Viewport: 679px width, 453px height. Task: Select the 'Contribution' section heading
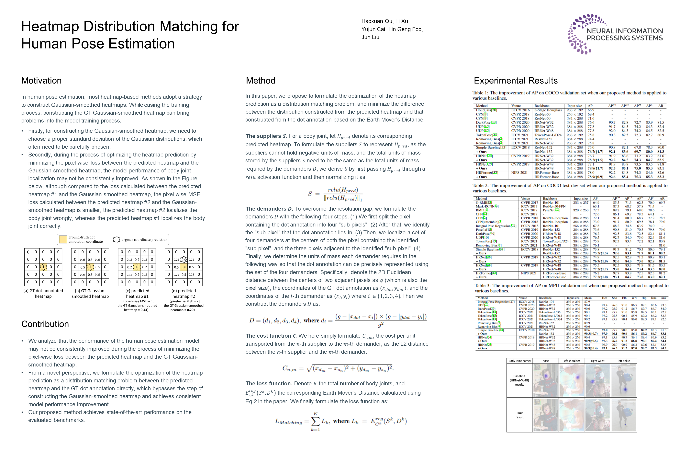coord(45,324)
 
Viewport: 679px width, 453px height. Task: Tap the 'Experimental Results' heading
coord(516,81)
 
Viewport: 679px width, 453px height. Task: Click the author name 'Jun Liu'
coord(370,37)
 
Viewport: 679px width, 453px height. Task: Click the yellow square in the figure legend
coord(63,239)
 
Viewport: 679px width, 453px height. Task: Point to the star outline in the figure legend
coord(116,239)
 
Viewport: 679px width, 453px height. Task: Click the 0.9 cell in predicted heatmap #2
coord(184,260)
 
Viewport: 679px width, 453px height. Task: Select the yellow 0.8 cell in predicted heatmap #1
coord(137,267)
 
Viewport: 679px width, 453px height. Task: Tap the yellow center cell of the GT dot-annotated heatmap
coord(43,267)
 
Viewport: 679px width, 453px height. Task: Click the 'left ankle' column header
coord(624,361)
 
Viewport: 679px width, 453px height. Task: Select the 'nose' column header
coord(545,361)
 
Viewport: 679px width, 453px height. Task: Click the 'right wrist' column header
coord(598,361)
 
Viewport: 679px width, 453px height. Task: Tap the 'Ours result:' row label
coord(520,415)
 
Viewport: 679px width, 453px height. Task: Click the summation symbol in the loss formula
coord(315,422)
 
